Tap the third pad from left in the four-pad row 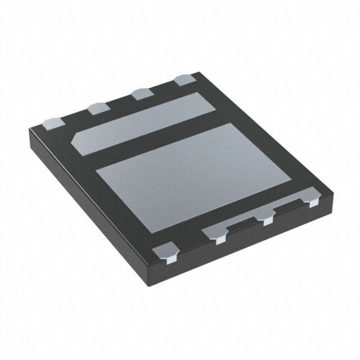pyautogui.click(x=140, y=93)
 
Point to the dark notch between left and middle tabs pyautogui.click(x=242, y=225)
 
